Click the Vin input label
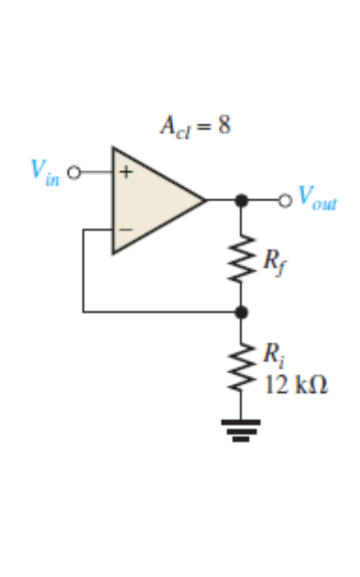45,172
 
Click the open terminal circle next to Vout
285,201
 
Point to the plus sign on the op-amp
125,171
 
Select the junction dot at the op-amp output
241,201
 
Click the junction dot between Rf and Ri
241,312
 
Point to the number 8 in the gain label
224,126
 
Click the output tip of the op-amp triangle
204,201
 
